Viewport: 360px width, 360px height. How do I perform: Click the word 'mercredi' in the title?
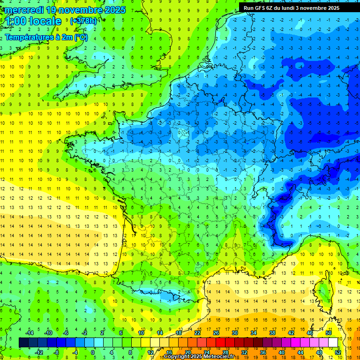(x=22, y=10)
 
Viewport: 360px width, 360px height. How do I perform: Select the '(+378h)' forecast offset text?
(x=84, y=21)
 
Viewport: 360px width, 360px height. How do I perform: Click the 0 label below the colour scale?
(x=93, y=352)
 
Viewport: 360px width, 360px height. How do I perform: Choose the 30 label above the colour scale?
(x=234, y=333)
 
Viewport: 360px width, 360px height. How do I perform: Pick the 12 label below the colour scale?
(x=150, y=352)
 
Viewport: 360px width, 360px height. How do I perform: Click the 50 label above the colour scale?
(x=328, y=333)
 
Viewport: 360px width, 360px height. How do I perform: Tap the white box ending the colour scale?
(x=333, y=343)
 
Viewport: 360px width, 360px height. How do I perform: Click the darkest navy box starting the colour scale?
(x=23, y=343)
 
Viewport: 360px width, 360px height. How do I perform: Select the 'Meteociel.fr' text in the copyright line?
(x=219, y=357)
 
